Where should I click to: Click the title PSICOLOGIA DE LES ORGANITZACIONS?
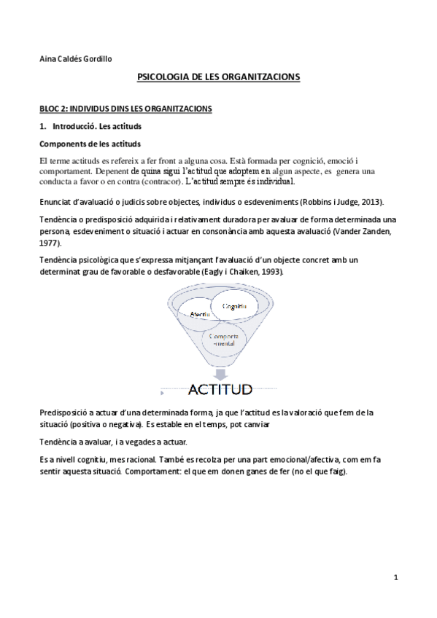[x=219, y=77]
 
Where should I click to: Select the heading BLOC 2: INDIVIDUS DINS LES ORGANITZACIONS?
[x=125, y=109]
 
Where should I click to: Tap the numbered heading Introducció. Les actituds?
[x=90, y=126]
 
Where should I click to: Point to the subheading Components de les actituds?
[x=90, y=143]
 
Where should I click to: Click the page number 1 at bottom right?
[x=395, y=578]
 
